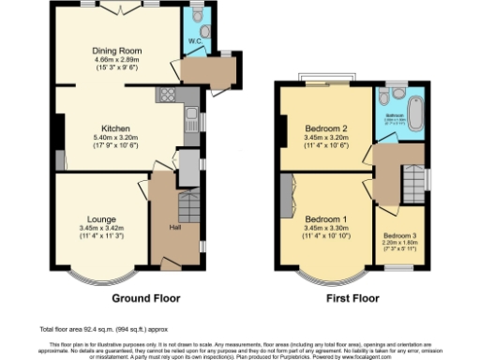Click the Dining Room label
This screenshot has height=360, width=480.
point(116,52)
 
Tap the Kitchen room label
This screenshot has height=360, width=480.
point(115,128)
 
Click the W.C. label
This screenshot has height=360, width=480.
point(196,41)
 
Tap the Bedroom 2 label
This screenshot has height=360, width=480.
point(327,128)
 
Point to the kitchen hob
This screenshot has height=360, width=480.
point(168,94)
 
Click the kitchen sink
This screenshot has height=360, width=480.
point(191,120)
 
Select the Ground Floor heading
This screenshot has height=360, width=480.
point(145,299)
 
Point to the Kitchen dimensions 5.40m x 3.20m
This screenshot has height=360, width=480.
point(115,139)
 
